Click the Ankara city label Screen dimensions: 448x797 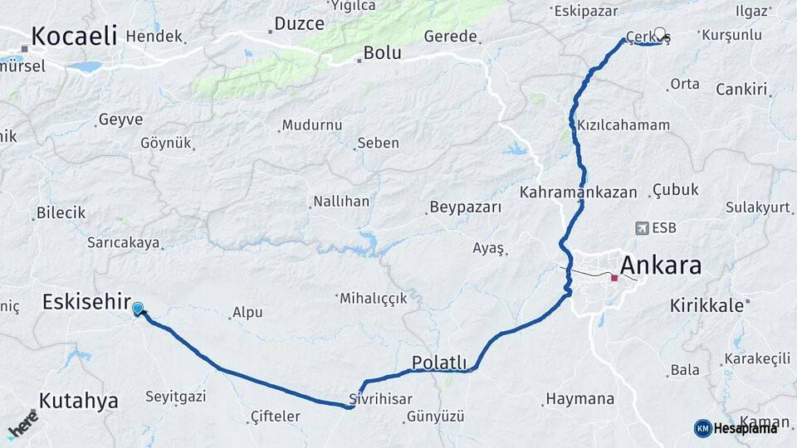(x=660, y=265)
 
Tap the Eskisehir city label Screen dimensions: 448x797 (x=86, y=302)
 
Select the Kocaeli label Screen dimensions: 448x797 (x=74, y=37)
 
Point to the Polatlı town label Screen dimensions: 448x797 (x=439, y=363)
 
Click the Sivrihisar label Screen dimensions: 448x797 (x=380, y=398)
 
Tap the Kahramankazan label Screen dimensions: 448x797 (x=579, y=192)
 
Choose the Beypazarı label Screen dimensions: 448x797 (x=465, y=207)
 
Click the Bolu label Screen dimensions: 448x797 (x=382, y=53)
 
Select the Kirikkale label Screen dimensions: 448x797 (x=707, y=305)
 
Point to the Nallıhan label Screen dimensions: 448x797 (x=340, y=202)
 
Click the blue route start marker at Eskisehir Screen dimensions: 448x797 (x=137, y=309)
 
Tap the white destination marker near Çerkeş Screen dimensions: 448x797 (x=660, y=35)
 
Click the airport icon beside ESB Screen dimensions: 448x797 (x=641, y=228)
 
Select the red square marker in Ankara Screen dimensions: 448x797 (x=614, y=278)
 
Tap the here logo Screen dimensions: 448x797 (x=22, y=425)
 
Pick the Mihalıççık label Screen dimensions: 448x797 (x=373, y=298)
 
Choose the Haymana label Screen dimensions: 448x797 (x=579, y=400)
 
